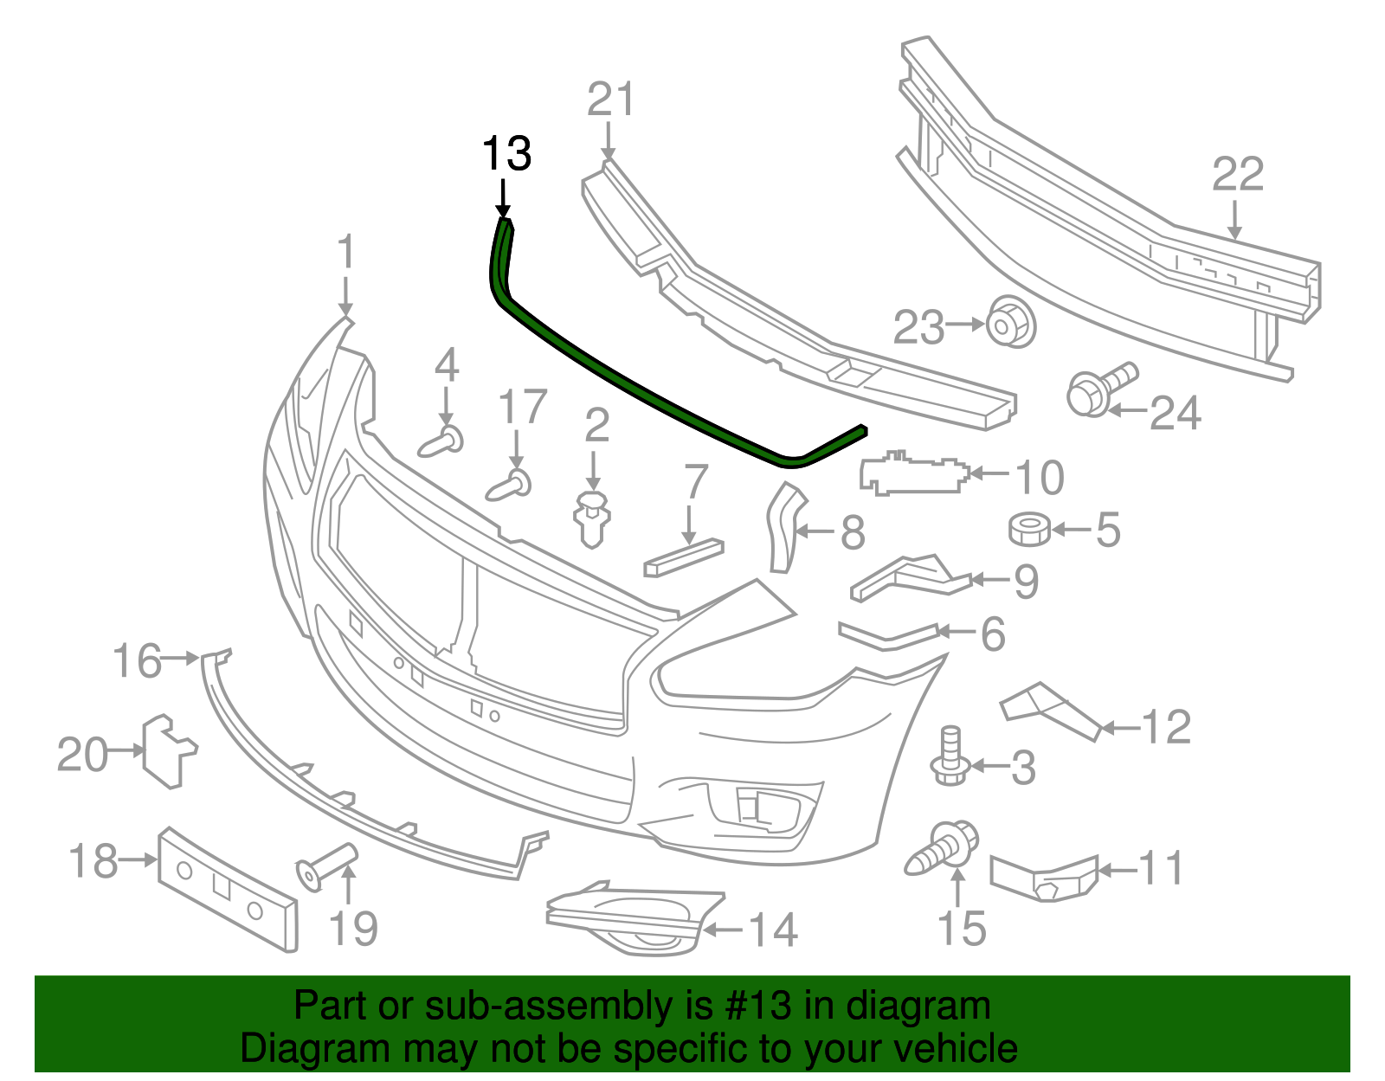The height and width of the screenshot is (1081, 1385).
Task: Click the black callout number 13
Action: point(506,154)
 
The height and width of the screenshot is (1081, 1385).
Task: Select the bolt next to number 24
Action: point(1099,391)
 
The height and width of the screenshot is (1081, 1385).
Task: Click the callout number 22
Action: point(1238,176)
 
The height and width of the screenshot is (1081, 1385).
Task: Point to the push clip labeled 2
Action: point(593,518)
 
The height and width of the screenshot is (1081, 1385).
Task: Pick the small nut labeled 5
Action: point(1029,529)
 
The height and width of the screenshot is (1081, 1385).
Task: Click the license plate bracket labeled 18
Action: point(228,888)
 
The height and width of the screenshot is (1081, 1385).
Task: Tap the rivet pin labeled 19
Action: point(325,864)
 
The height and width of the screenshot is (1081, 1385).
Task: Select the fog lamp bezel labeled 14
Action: point(632,920)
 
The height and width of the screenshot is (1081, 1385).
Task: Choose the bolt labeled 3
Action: point(950,756)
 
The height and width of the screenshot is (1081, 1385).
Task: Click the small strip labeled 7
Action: point(683,557)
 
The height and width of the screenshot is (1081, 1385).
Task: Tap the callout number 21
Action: point(610,100)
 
